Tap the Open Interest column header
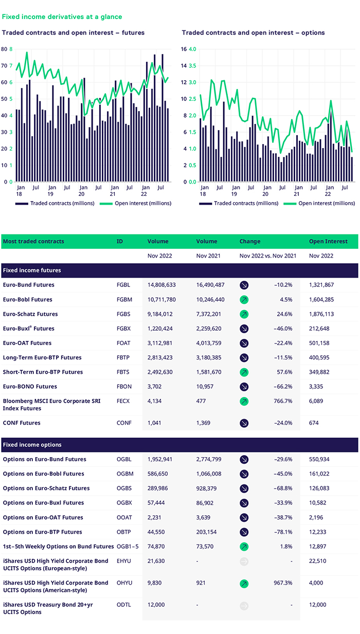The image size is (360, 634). click(x=328, y=241)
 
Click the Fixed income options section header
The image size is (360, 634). click(x=32, y=444)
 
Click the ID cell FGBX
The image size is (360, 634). click(x=124, y=329)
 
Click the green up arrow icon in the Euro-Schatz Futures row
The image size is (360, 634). click(x=244, y=314)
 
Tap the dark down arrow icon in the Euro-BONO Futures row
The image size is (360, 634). click(x=244, y=387)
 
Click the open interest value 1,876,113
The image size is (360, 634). click(x=321, y=314)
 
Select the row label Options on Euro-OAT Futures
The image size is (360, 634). click(x=43, y=517)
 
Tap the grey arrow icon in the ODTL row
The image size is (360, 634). click(x=244, y=605)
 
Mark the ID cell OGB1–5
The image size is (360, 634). click(x=128, y=546)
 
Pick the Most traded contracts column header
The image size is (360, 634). click(x=33, y=241)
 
